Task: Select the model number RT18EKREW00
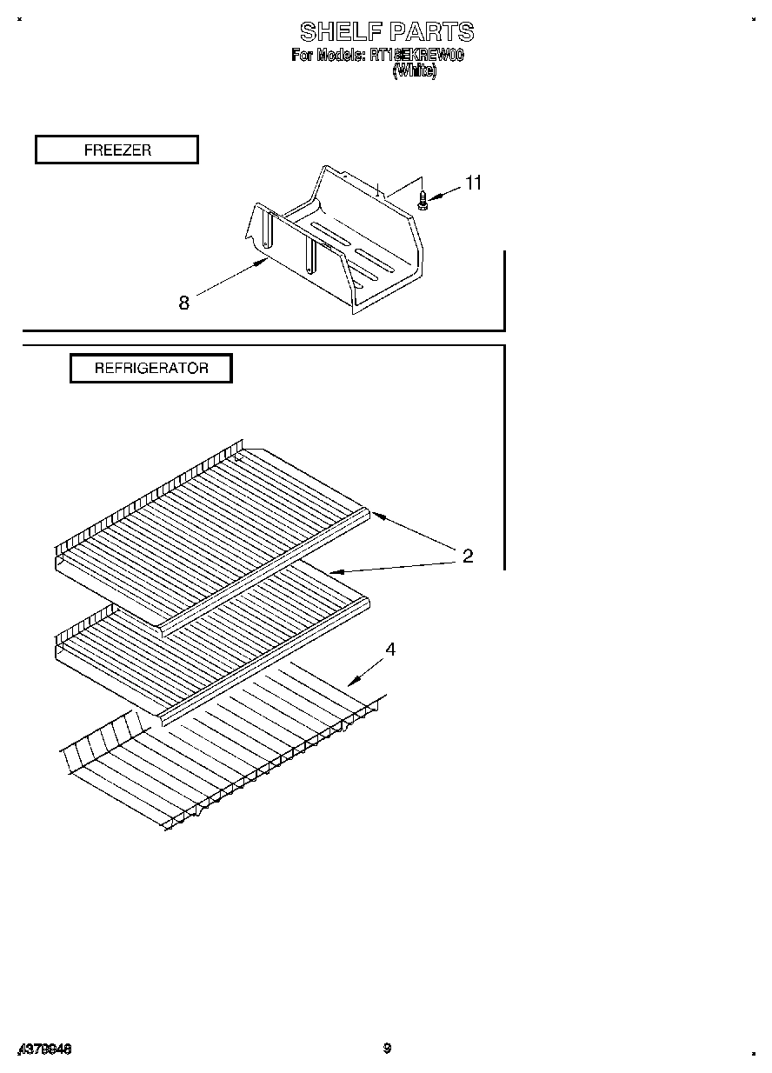(416, 55)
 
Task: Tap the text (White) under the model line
(415, 71)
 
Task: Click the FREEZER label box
(116, 150)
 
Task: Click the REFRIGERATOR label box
(151, 368)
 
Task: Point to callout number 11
(473, 183)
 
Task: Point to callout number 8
(184, 303)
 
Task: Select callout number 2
(468, 556)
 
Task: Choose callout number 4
(391, 650)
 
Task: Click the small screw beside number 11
(423, 200)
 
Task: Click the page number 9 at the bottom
(387, 1049)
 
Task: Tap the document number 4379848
(44, 1050)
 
